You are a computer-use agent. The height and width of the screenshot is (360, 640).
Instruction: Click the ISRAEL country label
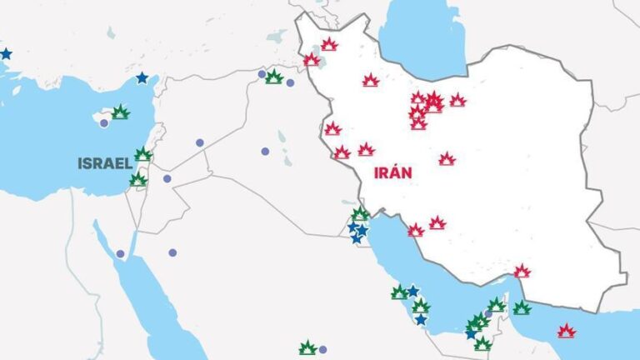(x=104, y=163)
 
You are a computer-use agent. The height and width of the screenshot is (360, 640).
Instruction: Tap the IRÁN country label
(x=392, y=173)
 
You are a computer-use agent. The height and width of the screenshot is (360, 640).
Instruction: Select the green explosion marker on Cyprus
(x=121, y=112)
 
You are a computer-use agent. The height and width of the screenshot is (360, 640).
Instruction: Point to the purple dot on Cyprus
(x=104, y=123)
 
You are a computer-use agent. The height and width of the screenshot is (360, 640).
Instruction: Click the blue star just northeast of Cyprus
(x=142, y=77)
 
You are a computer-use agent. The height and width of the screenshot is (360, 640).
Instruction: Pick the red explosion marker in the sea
(x=567, y=331)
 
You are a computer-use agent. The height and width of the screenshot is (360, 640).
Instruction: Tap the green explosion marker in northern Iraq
(x=274, y=77)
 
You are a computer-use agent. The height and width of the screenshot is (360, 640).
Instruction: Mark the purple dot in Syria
(x=200, y=142)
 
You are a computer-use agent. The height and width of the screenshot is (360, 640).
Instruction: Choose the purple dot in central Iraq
(x=265, y=152)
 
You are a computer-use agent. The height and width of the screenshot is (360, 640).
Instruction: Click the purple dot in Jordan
(x=167, y=178)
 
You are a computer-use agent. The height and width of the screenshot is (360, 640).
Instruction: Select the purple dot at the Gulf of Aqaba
(x=120, y=253)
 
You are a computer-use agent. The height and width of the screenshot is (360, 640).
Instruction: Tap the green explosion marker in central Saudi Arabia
(x=307, y=348)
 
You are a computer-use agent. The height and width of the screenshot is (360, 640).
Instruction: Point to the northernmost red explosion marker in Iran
(x=329, y=44)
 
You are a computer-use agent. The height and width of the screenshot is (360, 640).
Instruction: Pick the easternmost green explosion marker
(x=522, y=307)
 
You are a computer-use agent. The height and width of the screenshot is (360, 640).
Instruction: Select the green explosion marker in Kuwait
(x=360, y=215)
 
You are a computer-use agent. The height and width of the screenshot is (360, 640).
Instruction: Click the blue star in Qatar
(x=421, y=319)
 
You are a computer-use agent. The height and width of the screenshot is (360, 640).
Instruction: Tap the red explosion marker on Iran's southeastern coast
(x=522, y=271)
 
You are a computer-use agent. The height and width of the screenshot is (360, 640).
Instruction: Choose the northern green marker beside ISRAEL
(x=143, y=154)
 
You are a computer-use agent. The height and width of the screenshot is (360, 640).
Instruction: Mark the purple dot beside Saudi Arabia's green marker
(x=322, y=349)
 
